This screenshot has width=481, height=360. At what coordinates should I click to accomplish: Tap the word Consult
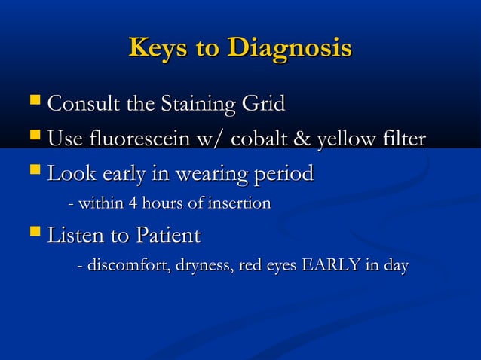tap(81, 104)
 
